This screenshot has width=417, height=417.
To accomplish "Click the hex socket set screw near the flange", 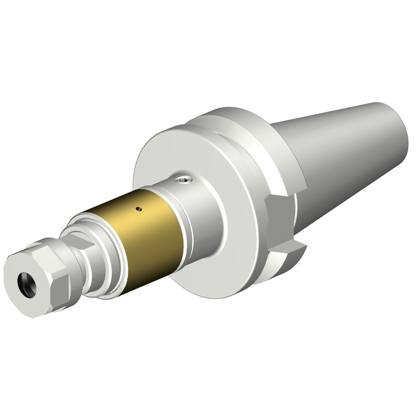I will (x=184, y=180).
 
